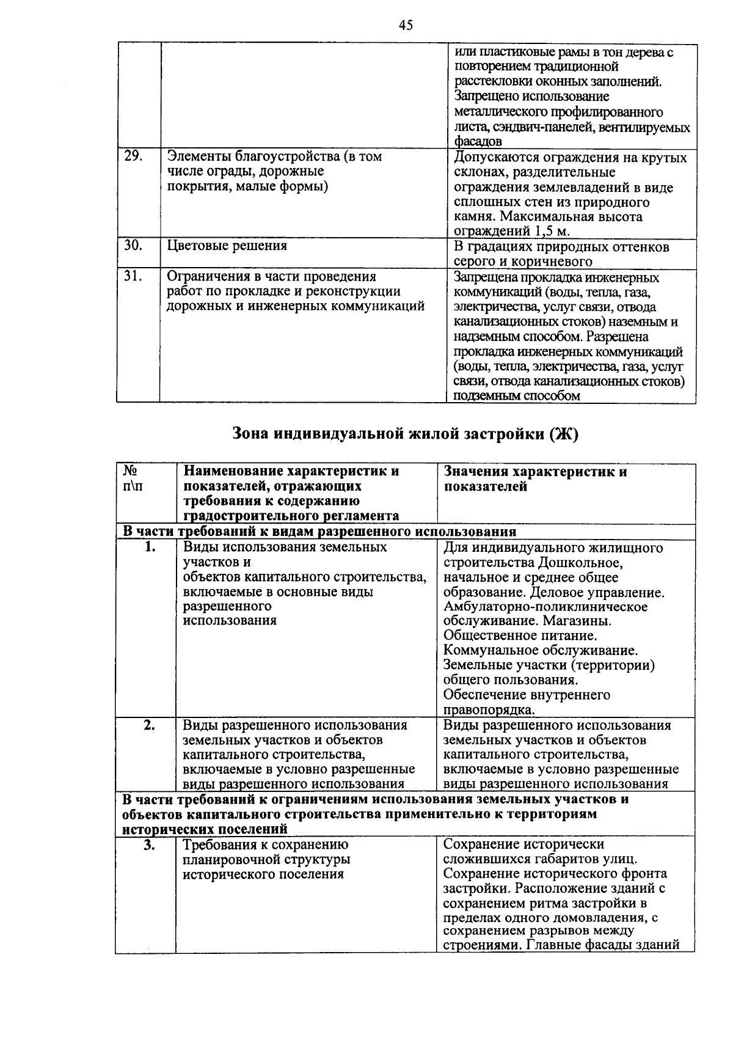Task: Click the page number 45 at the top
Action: (406, 25)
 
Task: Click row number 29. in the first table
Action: (133, 156)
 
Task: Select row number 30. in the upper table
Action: (133, 246)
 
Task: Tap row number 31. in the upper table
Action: (133, 276)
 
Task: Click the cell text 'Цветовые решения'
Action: (227, 246)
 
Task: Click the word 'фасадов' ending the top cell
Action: (478, 142)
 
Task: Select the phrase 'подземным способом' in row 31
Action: (517, 396)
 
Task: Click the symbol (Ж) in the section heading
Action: (562, 434)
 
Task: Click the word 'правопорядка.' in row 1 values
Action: (489, 710)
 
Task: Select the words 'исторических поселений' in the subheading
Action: (204, 830)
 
